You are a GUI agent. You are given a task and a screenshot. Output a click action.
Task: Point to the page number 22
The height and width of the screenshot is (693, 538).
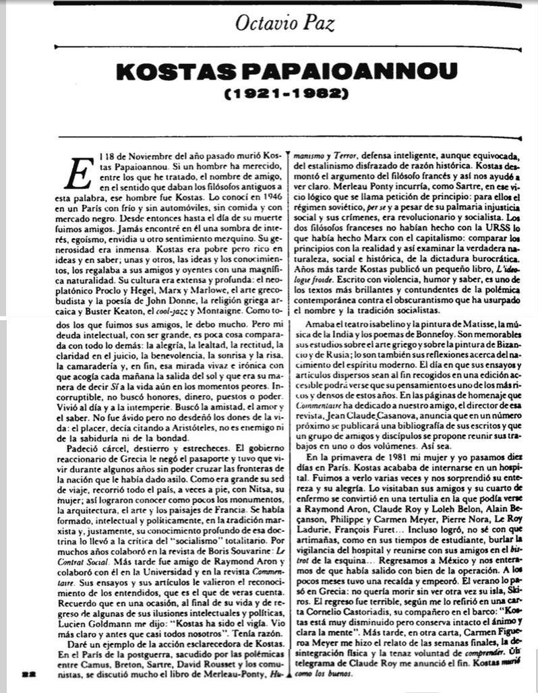pos(28,674)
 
